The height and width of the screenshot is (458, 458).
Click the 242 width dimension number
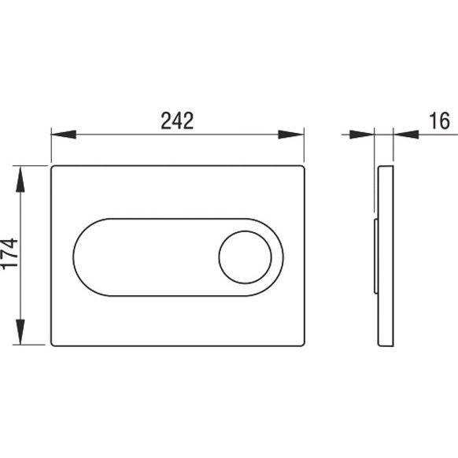coord(177,120)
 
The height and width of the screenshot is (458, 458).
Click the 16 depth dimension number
coord(439,120)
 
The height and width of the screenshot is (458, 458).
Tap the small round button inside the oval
coord(245,257)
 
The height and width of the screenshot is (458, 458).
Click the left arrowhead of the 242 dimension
coord(64,135)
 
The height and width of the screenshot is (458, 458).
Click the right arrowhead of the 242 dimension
coord(291,135)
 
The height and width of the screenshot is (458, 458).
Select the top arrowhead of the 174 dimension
coord(20,179)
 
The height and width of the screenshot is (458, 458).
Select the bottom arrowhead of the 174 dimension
coord(20,332)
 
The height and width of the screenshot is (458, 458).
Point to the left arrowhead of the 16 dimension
coord(362,135)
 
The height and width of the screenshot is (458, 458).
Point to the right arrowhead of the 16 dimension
coord(406,135)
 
